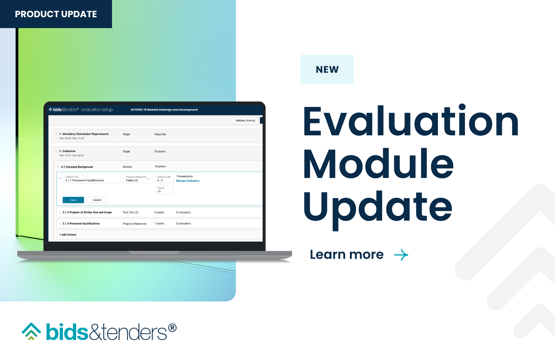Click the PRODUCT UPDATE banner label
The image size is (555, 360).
coord(56,14)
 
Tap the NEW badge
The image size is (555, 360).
coord(327,69)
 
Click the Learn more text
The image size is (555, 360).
coord(347,254)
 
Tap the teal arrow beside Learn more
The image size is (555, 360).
coord(401,255)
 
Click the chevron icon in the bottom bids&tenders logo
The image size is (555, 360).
coord(31,331)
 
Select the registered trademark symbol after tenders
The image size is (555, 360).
coord(172,328)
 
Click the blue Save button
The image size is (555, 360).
coord(73,200)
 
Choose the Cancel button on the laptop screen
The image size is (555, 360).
coord(97,200)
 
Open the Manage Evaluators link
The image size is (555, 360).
coord(187,181)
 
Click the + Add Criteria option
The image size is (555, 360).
coord(68,234)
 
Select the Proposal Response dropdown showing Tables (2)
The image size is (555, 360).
coord(137,179)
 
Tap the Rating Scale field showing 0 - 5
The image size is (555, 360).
coord(164,179)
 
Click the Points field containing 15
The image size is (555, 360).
coord(164,190)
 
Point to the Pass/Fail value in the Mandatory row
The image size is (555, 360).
coord(160,134)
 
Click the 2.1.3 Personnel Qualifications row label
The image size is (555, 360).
coord(81,224)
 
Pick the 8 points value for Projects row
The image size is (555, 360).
coord(159,212)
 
